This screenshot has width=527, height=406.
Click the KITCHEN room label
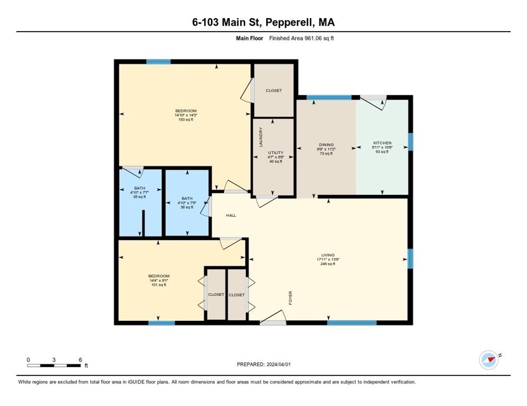click(382, 144)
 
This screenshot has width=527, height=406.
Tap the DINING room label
click(326, 145)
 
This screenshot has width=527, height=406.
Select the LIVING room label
click(328, 255)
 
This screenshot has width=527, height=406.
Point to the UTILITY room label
click(275, 153)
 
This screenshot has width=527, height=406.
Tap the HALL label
click(230, 215)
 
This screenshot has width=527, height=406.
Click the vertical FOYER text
click(291, 298)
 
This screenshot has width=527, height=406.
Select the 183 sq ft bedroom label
click(185, 111)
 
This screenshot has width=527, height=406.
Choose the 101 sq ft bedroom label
click(160, 276)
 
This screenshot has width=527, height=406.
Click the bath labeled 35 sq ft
click(139, 189)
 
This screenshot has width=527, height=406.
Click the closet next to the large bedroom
click(274, 91)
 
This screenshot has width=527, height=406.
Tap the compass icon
click(488, 359)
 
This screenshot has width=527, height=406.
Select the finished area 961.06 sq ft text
click(303, 38)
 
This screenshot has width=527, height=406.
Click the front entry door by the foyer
click(273, 319)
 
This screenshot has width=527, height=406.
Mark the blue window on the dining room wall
click(329, 97)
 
